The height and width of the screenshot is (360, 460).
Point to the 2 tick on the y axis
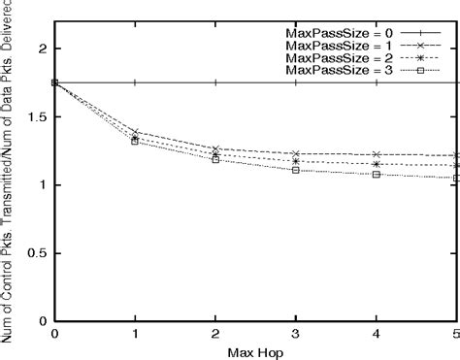click(x=41, y=49)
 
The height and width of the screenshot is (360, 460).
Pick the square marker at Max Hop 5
click(x=456, y=178)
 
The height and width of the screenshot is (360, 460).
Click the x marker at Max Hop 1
click(x=135, y=131)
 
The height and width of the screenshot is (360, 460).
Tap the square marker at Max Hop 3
click(x=295, y=170)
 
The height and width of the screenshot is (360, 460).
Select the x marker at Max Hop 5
click(x=456, y=155)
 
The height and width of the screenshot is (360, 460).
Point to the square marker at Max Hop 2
click(x=214, y=159)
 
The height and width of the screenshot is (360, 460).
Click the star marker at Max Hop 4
click(x=376, y=164)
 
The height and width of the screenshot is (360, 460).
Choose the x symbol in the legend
click(x=421, y=46)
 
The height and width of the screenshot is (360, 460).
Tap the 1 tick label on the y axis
click(x=43, y=185)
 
